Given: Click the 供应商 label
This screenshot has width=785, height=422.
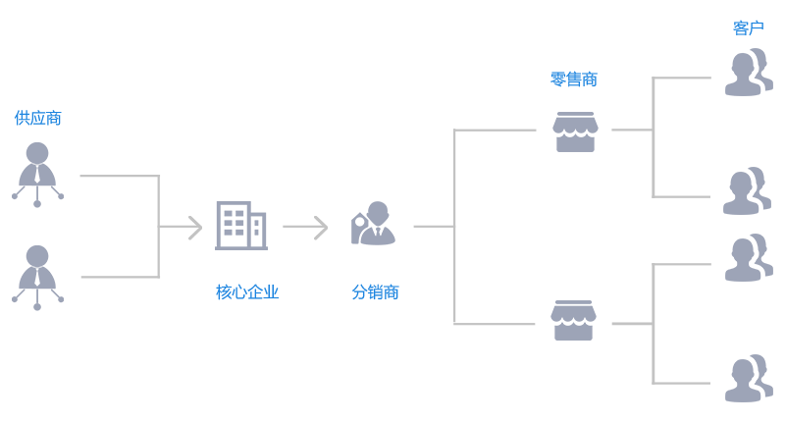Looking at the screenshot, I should (38, 118).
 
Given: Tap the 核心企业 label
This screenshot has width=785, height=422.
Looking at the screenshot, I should (247, 291).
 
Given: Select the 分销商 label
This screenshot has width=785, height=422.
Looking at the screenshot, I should (376, 291).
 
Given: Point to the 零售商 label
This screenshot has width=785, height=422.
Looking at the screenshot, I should (574, 79).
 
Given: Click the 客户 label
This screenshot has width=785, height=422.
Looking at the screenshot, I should (748, 27).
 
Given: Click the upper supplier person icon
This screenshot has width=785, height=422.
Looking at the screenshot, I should (37, 173).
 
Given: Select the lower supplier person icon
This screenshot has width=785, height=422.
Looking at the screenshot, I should (37, 276).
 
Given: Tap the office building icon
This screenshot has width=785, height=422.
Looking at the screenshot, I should (240, 226).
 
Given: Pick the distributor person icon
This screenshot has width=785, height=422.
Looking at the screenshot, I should (374, 224).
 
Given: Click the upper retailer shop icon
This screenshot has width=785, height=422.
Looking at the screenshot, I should (575, 132).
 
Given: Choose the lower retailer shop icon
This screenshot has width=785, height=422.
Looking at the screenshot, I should (573, 321).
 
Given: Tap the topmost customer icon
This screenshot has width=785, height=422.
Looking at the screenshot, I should (748, 73).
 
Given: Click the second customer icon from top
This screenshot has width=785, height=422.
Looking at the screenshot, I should (747, 191).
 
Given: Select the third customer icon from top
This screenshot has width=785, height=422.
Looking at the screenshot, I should (748, 258).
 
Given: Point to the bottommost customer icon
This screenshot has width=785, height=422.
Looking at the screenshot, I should (748, 379).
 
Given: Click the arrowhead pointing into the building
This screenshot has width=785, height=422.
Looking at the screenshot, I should (195, 228).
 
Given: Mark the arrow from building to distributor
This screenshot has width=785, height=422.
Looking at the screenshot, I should (305, 228).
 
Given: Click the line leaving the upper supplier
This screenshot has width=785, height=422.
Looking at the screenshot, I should (118, 177).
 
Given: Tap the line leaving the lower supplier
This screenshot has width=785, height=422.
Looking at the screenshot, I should (118, 277).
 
